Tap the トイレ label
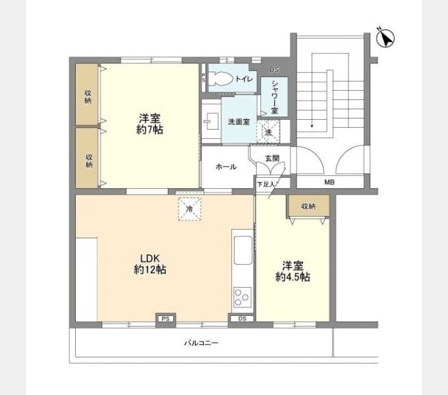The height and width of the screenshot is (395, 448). pos(244,79)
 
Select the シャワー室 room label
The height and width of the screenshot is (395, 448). pos(274,97)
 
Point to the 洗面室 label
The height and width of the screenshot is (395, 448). pos(238,122)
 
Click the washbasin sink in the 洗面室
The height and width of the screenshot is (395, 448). pos(211,120)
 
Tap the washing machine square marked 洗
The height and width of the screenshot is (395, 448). pos(268,132)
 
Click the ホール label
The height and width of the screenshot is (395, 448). pos(226,167)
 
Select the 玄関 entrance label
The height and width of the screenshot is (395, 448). pos(272,158)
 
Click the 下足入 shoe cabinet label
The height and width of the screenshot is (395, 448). pos(265,184)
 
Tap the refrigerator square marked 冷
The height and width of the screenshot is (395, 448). pos(189,209)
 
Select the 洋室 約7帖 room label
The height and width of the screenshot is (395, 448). pos(150,124)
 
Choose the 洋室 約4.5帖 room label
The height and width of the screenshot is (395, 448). pos(293,271)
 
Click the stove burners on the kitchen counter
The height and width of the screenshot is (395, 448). pos(242,299)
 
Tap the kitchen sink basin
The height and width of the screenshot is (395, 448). pos(242,250)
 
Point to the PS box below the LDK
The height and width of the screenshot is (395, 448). pos(165,320)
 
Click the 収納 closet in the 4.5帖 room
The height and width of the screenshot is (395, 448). pos(307,206)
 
